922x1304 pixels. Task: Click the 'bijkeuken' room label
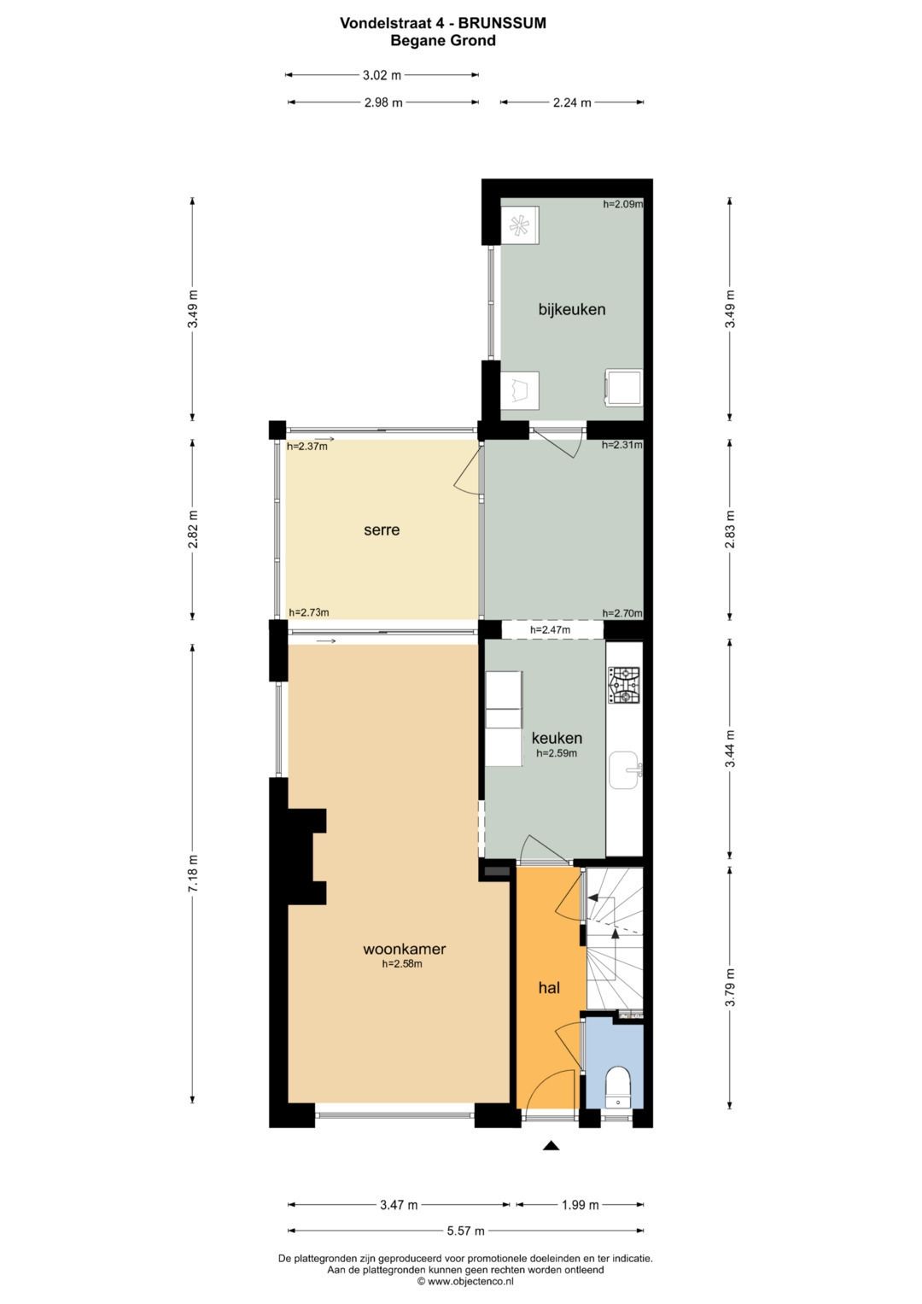click(x=572, y=310)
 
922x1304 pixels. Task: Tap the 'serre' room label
click(x=382, y=530)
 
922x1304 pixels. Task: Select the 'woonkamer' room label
click(x=404, y=949)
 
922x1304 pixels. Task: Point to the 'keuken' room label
click(x=557, y=738)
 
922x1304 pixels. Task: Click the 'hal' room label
click(x=549, y=987)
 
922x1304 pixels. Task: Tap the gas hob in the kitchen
click(x=624, y=685)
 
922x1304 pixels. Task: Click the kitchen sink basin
click(x=625, y=770)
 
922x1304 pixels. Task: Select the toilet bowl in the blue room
click(x=616, y=1085)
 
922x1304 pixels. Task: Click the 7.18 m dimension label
click(x=193, y=872)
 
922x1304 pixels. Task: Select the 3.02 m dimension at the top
click(x=382, y=75)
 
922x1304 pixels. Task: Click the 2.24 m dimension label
click(x=572, y=103)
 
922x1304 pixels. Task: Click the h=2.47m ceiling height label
click(x=550, y=630)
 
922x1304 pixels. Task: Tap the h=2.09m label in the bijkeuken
click(x=622, y=204)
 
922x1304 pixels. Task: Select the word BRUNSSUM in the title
click(x=502, y=23)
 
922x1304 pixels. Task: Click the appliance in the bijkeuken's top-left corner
click(x=520, y=225)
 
